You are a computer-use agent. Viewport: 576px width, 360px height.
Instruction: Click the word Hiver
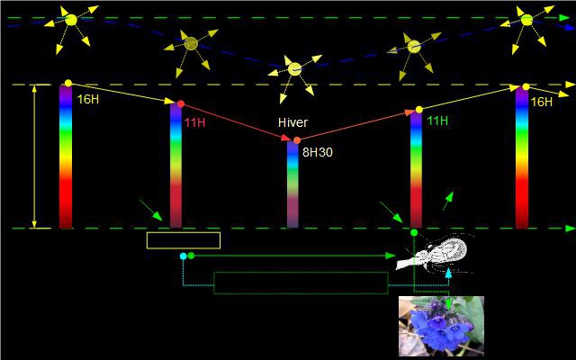tap(294, 123)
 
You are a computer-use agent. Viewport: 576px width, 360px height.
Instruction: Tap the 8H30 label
tap(317, 152)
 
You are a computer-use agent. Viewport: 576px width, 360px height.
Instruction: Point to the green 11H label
tap(437, 121)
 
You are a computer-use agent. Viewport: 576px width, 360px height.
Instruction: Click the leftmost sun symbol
tap(69, 19)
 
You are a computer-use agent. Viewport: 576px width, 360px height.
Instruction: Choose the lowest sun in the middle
tap(294, 68)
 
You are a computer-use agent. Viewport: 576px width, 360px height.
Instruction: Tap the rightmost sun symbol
tap(526, 19)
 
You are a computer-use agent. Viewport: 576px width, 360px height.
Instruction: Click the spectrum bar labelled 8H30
tap(292, 184)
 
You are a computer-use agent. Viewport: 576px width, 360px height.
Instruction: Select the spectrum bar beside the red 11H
tap(175, 166)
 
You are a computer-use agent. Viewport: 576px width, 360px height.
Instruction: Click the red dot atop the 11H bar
tap(181, 104)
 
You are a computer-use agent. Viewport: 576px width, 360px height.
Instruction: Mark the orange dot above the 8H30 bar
tap(297, 139)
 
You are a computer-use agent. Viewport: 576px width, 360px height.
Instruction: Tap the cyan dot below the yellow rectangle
tap(183, 256)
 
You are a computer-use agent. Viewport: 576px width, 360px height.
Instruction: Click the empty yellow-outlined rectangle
tap(184, 240)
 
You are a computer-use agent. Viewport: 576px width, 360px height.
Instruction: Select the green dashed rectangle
tap(301, 283)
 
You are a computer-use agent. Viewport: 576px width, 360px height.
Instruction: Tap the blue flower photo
tap(441, 326)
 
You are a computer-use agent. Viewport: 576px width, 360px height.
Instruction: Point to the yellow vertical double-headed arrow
tap(34, 156)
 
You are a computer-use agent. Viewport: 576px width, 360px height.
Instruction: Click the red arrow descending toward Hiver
tap(238, 121)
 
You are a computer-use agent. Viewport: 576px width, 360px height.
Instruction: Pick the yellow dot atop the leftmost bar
tap(68, 83)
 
